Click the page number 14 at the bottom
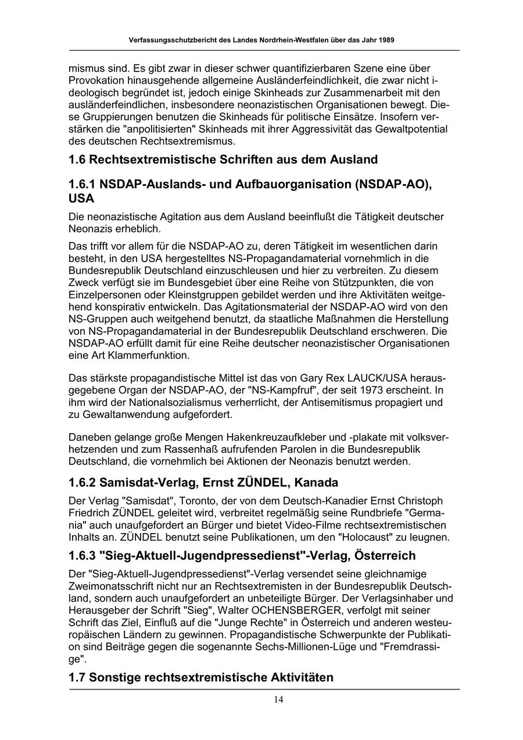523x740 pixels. [x=279, y=699]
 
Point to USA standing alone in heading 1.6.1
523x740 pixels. [x=81, y=198]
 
